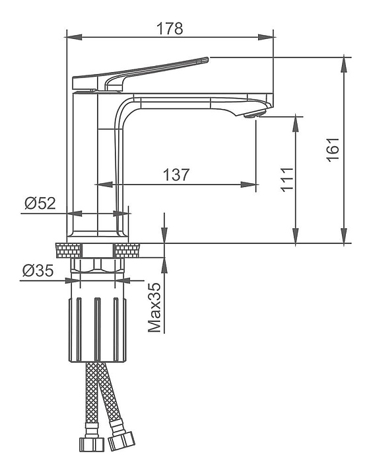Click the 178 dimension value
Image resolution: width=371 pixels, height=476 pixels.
point(170,28)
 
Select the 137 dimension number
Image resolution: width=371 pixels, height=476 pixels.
point(176,175)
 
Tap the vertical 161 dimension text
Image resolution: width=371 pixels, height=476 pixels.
point(333,149)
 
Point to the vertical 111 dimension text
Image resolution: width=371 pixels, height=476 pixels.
point(287,179)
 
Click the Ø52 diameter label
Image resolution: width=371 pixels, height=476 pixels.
point(40,203)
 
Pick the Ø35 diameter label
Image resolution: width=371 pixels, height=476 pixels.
point(38,270)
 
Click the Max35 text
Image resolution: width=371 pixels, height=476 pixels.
point(154,307)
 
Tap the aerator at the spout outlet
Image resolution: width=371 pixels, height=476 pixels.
point(254,114)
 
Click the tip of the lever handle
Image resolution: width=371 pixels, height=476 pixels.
point(207,59)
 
